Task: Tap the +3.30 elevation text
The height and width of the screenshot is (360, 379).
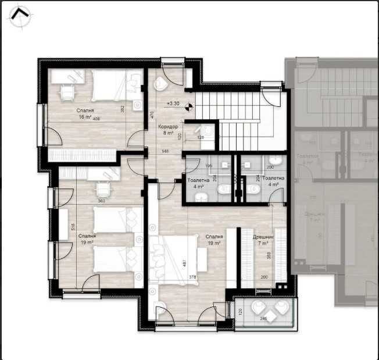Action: pyautogui.click(x=173, y=104)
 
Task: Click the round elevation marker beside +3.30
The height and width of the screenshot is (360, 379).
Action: pyautogui.click(x=188, y=106)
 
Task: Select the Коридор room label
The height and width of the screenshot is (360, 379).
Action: pyautogui.click(x=168, y=126)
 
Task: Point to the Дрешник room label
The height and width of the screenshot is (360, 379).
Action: pyautogui.click(x=260, y=237)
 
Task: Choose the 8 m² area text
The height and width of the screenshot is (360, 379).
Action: pyautogui.click(x=168, y=133)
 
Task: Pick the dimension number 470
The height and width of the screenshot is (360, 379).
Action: pyautogui.click(x=152, y=115)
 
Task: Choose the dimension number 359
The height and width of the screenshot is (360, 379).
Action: pyautogui.click(x=269, y=256)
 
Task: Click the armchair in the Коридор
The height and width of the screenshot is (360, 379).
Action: pyautogui.click(x=161, y=83)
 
